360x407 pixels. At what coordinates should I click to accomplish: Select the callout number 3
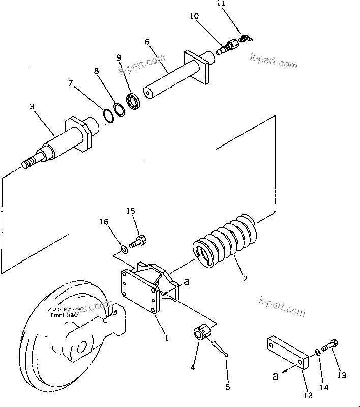(x=32, y=107)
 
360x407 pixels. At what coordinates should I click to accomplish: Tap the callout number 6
(x=147, y=42)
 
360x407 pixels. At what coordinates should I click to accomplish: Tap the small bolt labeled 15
(x=138, y=241)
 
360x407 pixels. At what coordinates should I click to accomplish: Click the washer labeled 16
(x=124, y=249)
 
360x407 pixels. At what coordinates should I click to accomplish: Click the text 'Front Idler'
(x=64, y=315)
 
